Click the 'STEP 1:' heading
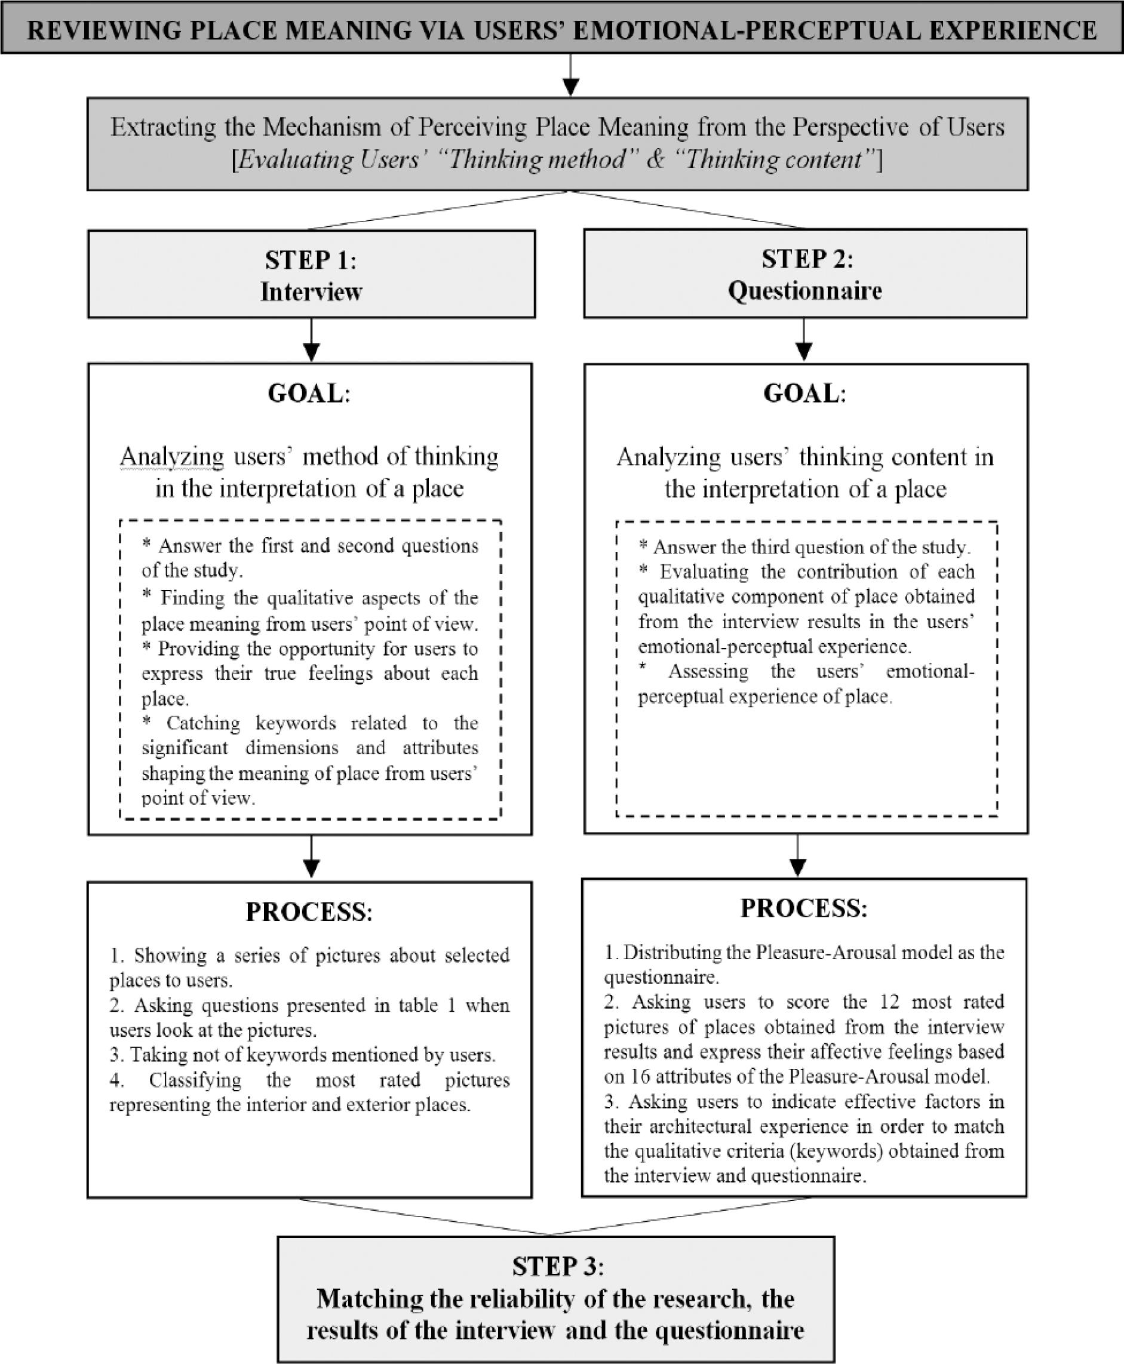click(x=310, y=260)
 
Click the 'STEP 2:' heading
click(x=807, y=259)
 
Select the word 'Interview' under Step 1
click(x=311, y=292)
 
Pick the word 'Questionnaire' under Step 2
click(x=805, y=291)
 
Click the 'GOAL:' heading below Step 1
click(x=309, y=394)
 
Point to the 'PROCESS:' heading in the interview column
click(x=309, y=912)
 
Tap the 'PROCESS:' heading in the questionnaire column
click(x=803, y=908)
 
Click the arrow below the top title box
click(x=570, y=76)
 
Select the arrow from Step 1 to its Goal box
click(x=311, y=340)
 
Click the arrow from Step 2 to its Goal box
click(x=803, y=340)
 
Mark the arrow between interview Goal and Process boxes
click(x=311, y=858)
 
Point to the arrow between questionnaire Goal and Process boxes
click(x=798, y=856)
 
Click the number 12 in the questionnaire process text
click(x=890, y=1002)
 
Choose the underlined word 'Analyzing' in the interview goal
click(x=171, y=457)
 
